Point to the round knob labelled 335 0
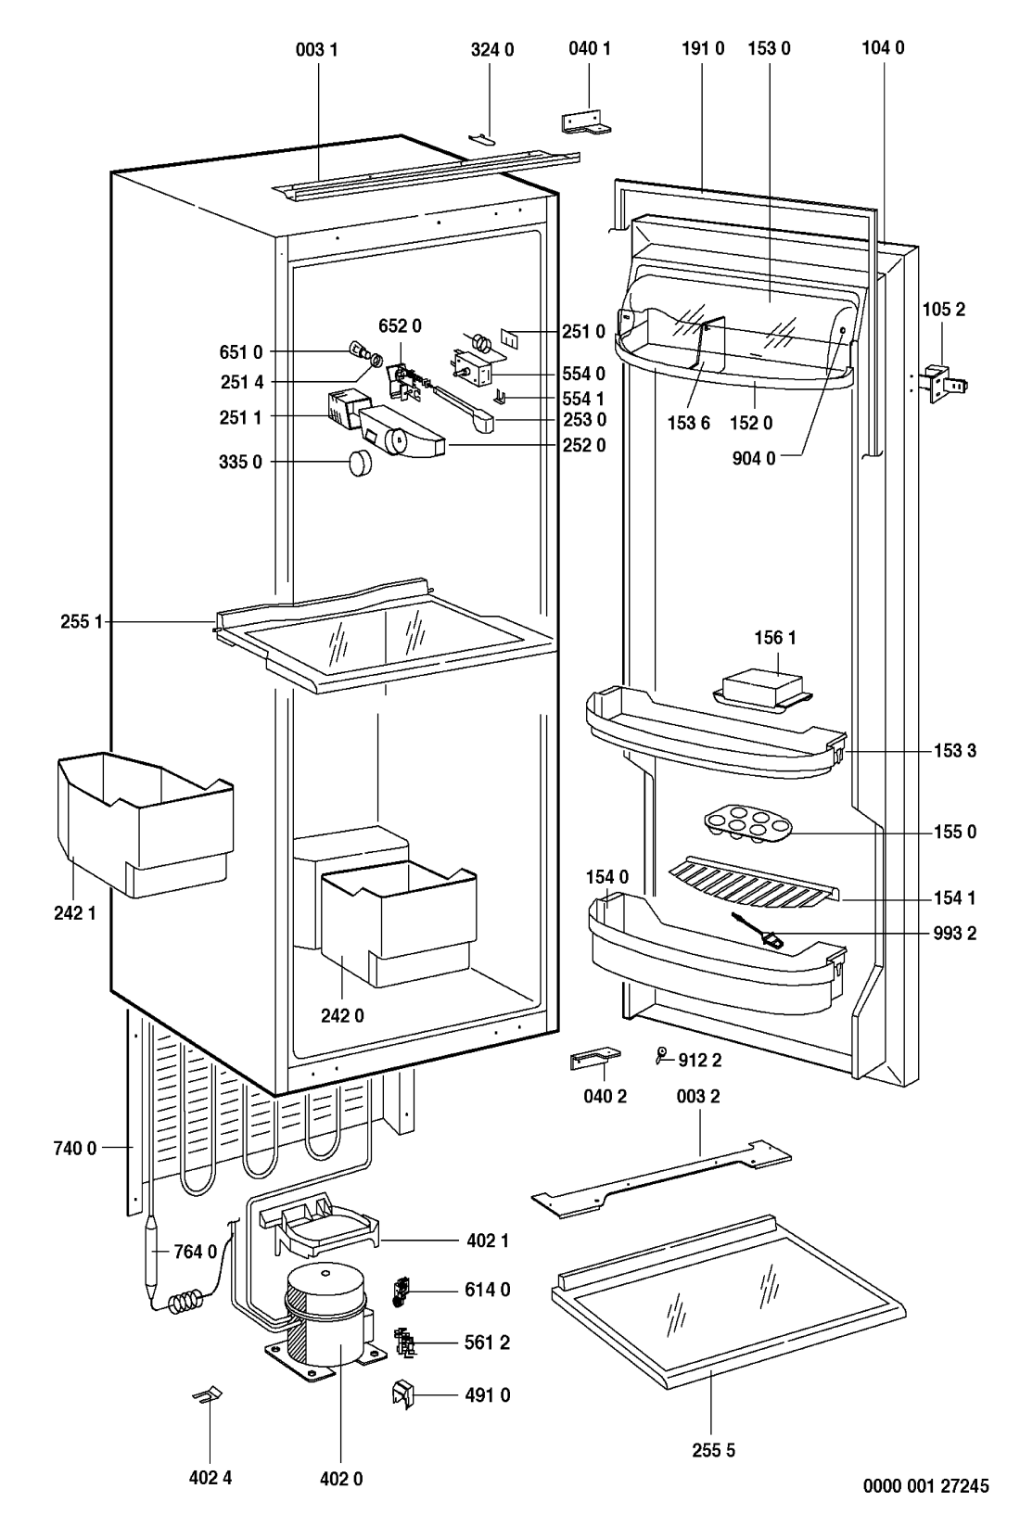point(358,462)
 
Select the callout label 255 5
point(711,1451)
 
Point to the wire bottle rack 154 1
point(751,884)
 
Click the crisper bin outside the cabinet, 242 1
point(144,821)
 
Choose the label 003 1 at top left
point(316,49)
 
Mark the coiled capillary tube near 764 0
point(186,1303)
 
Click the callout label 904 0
point(758,456)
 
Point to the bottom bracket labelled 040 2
point(593,1061)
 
